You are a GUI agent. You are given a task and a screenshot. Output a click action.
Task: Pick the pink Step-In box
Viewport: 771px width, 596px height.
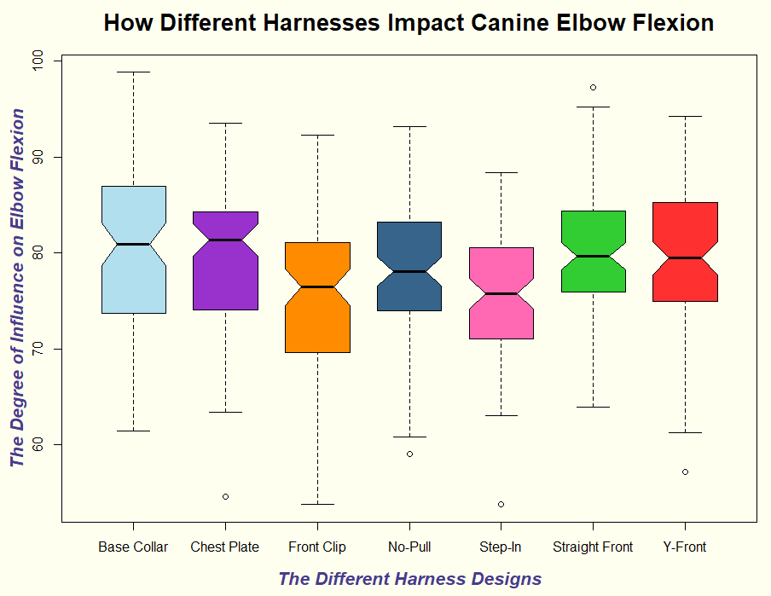click(501, 315)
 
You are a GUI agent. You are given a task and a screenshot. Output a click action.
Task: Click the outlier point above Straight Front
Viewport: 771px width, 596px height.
click(593, 87)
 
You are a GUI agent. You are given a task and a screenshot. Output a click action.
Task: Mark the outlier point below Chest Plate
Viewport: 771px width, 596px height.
click(225, 496)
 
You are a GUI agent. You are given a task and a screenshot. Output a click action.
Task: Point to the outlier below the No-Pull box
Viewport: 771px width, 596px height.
click(409, 454)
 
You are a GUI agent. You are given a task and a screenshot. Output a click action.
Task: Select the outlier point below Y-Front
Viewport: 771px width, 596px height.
click(685, 472)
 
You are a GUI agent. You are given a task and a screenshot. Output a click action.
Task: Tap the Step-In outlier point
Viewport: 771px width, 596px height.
click(501, 504)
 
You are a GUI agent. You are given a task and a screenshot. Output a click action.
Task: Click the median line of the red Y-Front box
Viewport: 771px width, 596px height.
click(685, 257)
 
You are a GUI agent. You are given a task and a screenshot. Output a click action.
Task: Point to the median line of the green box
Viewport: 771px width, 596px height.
click(593, 256)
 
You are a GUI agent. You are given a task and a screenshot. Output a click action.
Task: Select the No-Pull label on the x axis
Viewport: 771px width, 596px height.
click(409, 547)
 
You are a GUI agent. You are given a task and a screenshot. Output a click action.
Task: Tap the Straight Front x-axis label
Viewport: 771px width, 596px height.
click(593, 547)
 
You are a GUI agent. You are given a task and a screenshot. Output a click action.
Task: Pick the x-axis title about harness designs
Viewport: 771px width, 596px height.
click(409, 579)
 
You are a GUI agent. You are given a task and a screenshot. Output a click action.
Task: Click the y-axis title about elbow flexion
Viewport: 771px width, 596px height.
click(17, 287)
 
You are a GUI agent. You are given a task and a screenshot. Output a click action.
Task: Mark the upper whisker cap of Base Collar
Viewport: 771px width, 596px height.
click(133, 72)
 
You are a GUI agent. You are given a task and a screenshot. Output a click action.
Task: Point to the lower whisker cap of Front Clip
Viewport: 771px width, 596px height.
click(317, 504)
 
